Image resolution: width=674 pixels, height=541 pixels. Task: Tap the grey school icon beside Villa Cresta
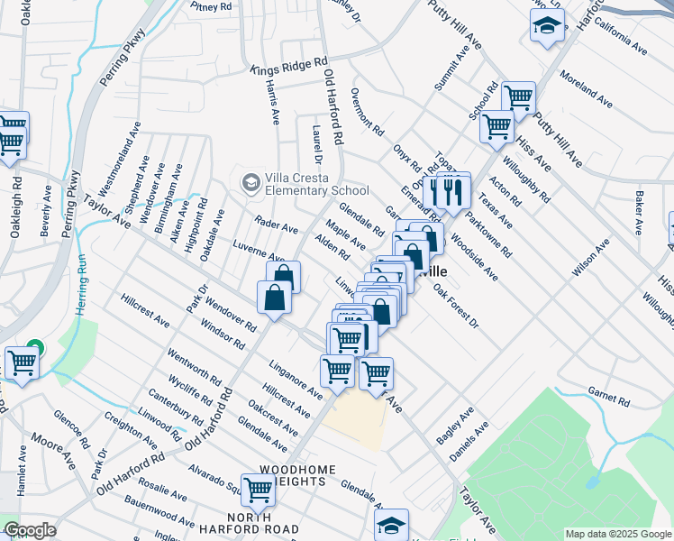[249, 182]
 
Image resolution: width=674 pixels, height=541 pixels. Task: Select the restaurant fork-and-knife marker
[448, 192]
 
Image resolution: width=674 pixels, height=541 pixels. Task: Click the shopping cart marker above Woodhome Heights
[259, 490]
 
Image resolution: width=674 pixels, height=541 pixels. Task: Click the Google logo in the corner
[30, 530]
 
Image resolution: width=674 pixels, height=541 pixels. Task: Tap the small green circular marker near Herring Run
[34, 346]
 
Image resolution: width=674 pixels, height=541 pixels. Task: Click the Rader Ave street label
[276, 225]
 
